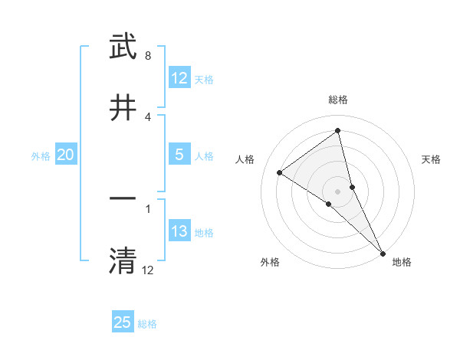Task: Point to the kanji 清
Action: pos(123,260)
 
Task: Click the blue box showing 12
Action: pos(179,78)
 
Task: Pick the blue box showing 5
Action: pos(179,155)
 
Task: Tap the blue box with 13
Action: pos(179,231)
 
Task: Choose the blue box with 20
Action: pos(65,155)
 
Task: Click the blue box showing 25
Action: pos(123,322)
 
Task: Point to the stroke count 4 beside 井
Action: pos(148,117)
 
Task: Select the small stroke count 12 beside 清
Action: pos(148,270)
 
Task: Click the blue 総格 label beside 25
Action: pos(147,324)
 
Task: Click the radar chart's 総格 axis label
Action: pos(338,100)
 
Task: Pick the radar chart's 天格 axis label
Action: pos(432,159)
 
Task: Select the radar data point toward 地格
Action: pos(383,253)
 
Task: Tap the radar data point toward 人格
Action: pos(279,172)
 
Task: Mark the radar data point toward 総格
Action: pos(338,131)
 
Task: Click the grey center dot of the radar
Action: pos(338,191)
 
